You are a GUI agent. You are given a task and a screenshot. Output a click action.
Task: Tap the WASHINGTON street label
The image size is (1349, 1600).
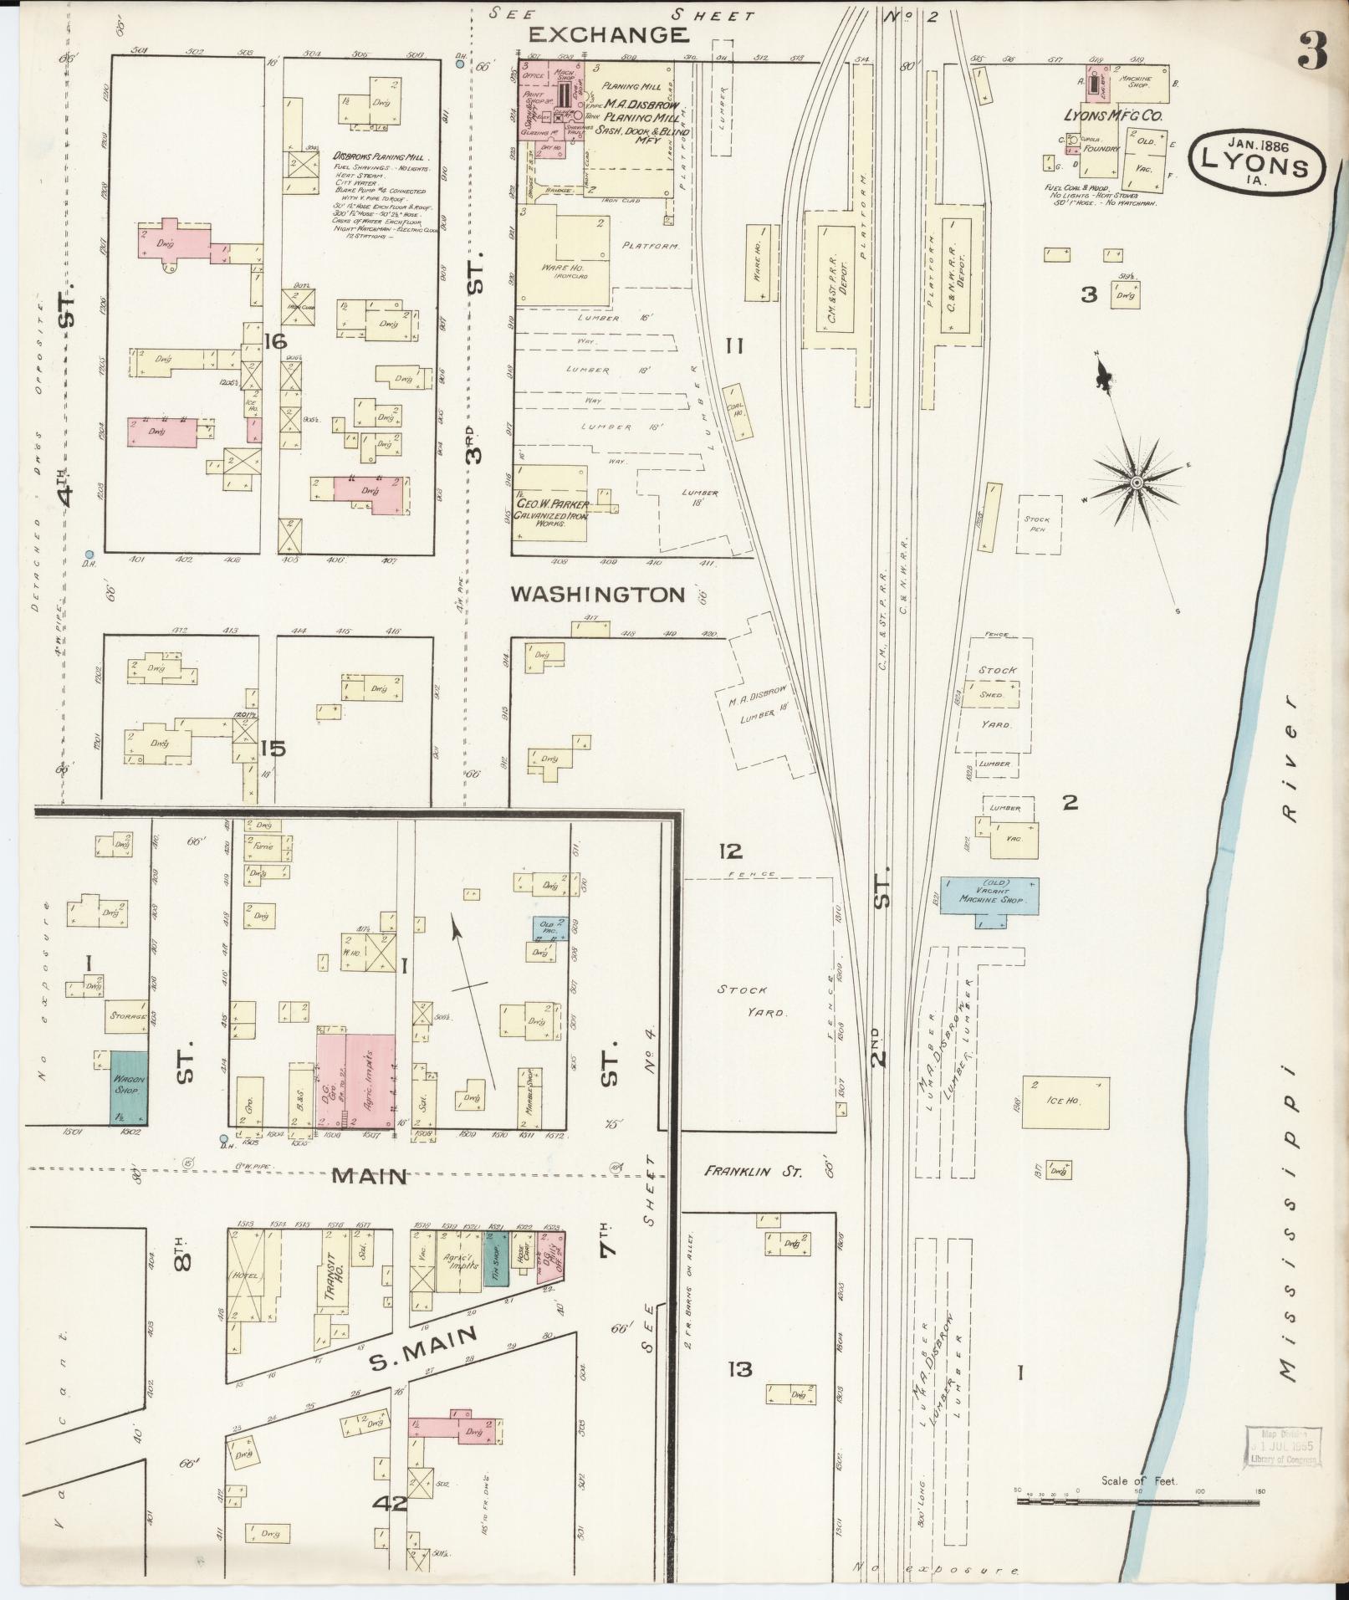coord(597,595)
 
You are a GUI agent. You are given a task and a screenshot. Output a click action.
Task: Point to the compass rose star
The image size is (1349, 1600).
coord(1137,483)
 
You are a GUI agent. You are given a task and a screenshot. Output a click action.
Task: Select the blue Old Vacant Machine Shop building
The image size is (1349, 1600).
coord(990,895)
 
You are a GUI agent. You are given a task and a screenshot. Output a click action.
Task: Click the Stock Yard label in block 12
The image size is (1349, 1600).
coord(750,1000)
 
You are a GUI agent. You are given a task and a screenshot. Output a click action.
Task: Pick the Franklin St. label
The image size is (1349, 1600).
coord(752,1172)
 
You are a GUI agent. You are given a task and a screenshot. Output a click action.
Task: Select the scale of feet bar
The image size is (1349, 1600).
coord(1140,1501)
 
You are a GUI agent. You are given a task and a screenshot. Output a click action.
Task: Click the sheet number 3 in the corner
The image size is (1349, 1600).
coord(1312,52)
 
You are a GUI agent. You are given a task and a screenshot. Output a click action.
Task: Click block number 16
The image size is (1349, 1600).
coord(274,340)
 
